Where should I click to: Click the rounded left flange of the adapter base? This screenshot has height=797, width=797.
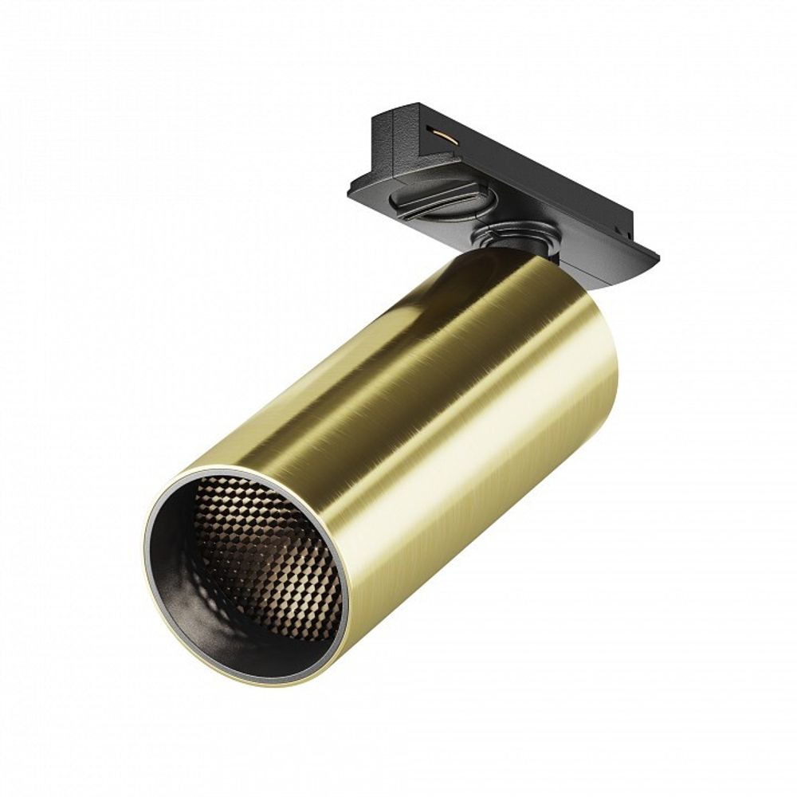pyautogui.click(x=359, y=187)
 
